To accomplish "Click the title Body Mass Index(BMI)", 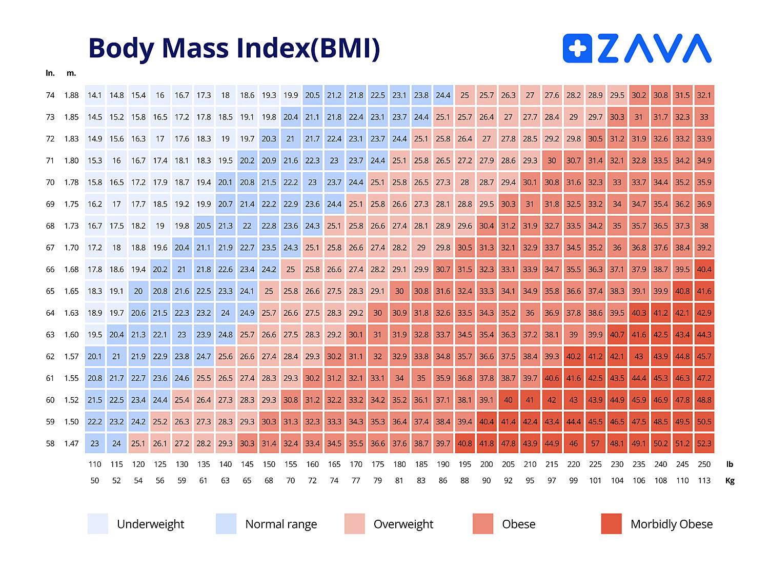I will (x=234, y=48).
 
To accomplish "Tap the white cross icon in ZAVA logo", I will (x=578, y=49).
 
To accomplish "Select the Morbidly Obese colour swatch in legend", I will (x=611, y=524).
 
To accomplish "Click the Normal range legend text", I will (x=281, y=524).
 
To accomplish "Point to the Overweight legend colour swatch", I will (x=355, y=524).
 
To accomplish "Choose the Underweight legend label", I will (x=150, y=524).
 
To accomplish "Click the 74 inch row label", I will (x=50, y=95).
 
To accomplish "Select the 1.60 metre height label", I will (x=71, y=335).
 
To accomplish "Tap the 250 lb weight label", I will (x=704, y=464).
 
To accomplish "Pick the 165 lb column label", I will (x=334, y=464).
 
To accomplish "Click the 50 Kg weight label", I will (x=95, y=481).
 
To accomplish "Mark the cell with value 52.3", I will (x=704, y=443).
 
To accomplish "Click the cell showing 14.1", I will (x=95, y=95).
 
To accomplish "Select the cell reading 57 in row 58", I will (x=595, y=443).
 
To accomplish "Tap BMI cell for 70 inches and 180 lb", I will (x=399, y=182).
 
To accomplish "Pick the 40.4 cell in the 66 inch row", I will (x=704, y=270).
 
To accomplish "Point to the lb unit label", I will (x=730, y=464).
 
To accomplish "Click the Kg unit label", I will (x=730, y=481).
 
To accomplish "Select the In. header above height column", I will (x=50, y=73).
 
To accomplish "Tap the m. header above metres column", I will (x=71, y=73).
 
